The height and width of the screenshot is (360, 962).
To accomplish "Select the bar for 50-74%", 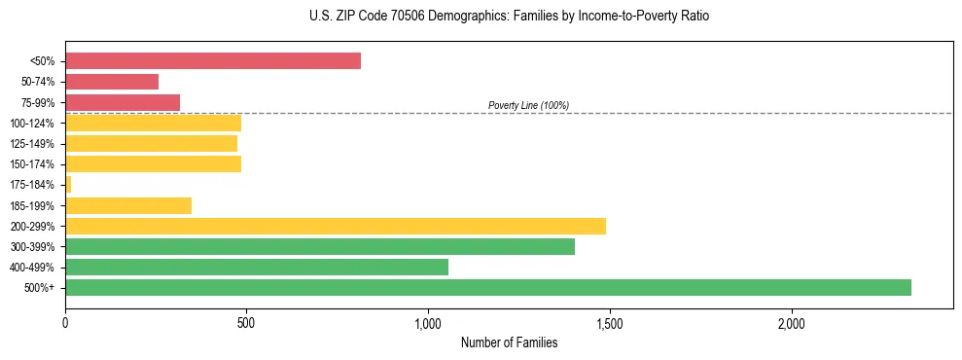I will pyautogui.click(x=112, y=82).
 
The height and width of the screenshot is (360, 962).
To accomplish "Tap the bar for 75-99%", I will pyautogui.click(x=123, y=102).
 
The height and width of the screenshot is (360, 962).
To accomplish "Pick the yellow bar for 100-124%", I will pyautogui.click(x=153, y=123).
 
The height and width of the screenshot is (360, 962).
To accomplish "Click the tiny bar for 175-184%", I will pyautogui.click(x=68, y=184).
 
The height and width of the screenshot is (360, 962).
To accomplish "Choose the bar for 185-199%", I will pyautogui.click(x=128, y=205).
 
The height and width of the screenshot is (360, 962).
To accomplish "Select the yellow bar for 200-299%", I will pyautogui.click(x=336, y=226).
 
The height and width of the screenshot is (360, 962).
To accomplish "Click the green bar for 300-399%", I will pyautogui.click(x=320, y=246).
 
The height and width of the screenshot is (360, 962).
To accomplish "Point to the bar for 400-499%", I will pyautogui.click(x=257, y=267).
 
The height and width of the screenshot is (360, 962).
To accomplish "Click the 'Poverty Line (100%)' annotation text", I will pyautogui.click(x=528, y=105).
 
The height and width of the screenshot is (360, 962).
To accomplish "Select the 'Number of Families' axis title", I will pyautogui.click(x=509, y=342).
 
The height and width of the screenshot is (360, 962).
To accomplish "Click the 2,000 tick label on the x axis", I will pyautogui.click(x=791, y=323).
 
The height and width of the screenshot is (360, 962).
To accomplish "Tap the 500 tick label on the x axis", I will pyautogui.click(x=246, y=323).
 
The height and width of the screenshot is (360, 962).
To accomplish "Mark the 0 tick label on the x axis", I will pyautogui.click(x=65, y=323).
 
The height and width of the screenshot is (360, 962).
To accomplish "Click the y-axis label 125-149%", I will pyautogui.click(x=32, y=144).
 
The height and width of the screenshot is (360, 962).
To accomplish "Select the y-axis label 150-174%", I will pyautogui.click(x=32, y=164).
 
